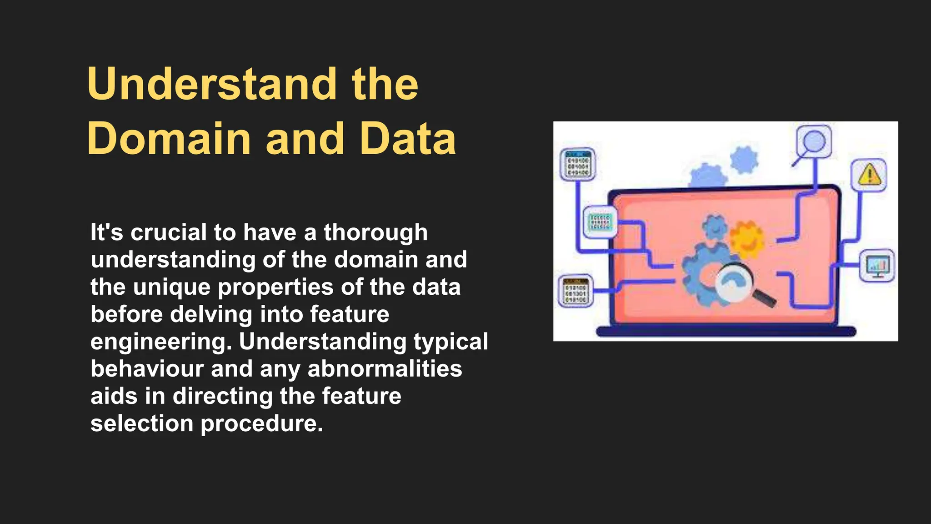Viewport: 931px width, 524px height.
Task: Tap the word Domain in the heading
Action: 169,139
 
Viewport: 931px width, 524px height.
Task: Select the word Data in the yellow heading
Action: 408,139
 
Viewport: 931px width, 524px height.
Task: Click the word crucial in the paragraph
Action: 169,232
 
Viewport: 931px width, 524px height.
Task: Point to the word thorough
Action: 375,232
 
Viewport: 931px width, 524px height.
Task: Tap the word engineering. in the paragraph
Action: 161,342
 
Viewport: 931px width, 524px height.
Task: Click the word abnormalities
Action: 385,369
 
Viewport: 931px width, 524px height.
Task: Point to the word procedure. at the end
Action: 261,423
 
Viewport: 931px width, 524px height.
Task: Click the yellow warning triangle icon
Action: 869,175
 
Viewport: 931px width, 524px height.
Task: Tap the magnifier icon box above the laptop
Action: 814,142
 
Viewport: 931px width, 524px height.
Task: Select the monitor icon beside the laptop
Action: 877,266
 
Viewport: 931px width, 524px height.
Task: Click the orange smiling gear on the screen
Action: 747,239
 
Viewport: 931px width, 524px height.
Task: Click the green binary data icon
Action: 600,222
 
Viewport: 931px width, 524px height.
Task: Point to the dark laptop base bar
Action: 726,332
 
